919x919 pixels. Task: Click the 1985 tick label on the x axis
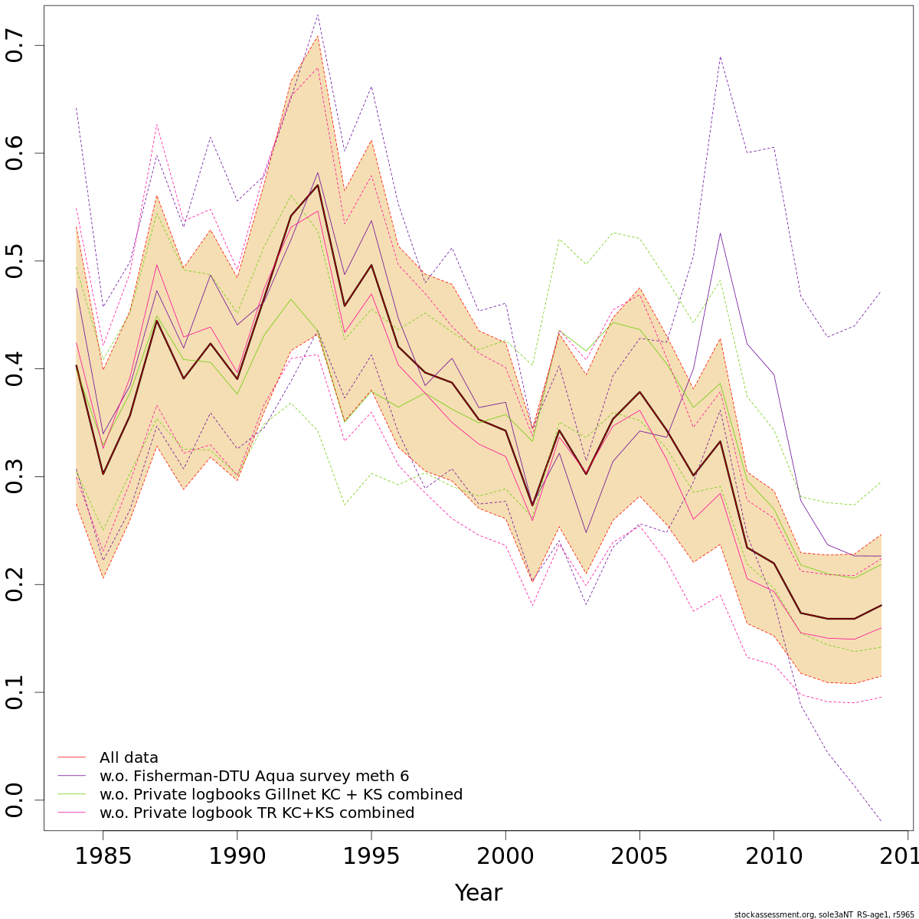click(x=103, y=855)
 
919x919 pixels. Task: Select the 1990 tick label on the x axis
click(x=237, y=855)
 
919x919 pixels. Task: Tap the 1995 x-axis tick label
click(x=371, y=855)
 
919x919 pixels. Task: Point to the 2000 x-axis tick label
click(x=505, y=855)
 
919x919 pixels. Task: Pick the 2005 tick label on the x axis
click(x=639, y=855)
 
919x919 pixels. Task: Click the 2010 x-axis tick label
click(x=773, y=855)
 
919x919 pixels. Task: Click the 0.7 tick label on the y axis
click(x=16, y=46)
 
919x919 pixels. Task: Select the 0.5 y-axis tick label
click(x=16, y=261)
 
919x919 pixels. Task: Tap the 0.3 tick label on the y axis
click(x=16, y=476)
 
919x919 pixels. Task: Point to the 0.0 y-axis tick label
click(x=16, y=800)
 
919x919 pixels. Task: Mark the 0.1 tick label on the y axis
click(x=16, y=692)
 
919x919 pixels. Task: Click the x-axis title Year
click(x=479, y=893)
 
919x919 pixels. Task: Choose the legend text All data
click(x=129, y=758)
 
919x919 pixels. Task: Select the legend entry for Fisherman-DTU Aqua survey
click(x=253, y=777)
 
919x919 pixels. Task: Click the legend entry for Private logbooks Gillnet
click(x=280, y=795)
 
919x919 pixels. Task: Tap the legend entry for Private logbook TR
click(x=257, y=813)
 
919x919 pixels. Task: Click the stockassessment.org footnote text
click(x=823, y=914)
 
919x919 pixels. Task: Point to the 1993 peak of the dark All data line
click(x=318, y=185)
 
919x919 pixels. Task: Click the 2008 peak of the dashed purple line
click(x=721, y=57)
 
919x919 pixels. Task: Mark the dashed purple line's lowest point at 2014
click(x=881, y=821)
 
